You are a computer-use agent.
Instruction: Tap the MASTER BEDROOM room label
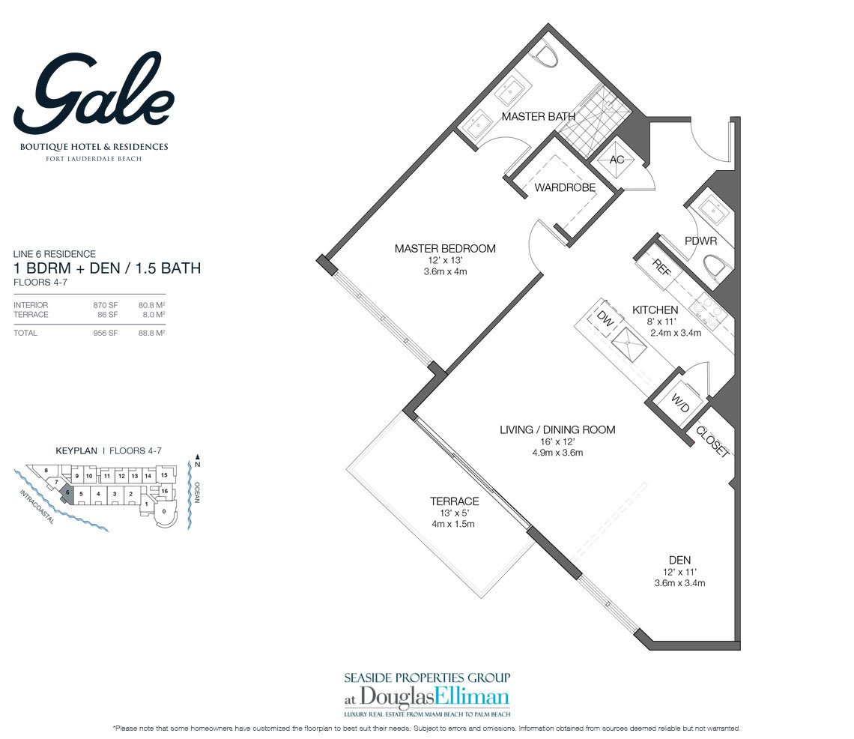click(x=445, y=249)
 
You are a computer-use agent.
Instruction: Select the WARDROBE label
click(x=565, y=187)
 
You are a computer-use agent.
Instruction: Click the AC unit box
click(x=617, y=160)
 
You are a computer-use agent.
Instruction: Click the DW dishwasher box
click(x=605, y=319)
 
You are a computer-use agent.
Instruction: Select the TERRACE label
click(x=454, y=501)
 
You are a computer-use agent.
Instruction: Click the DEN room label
click(x=679, y=559)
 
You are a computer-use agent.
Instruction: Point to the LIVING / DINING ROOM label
click(x=557, y=429)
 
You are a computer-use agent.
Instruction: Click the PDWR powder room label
click(x=700, y=241)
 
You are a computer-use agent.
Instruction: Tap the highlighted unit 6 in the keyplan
click(x=68, y=492)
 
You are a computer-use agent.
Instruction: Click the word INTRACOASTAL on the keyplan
click(x=34, y=507)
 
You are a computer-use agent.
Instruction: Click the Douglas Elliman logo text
click(x=426, y=694)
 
